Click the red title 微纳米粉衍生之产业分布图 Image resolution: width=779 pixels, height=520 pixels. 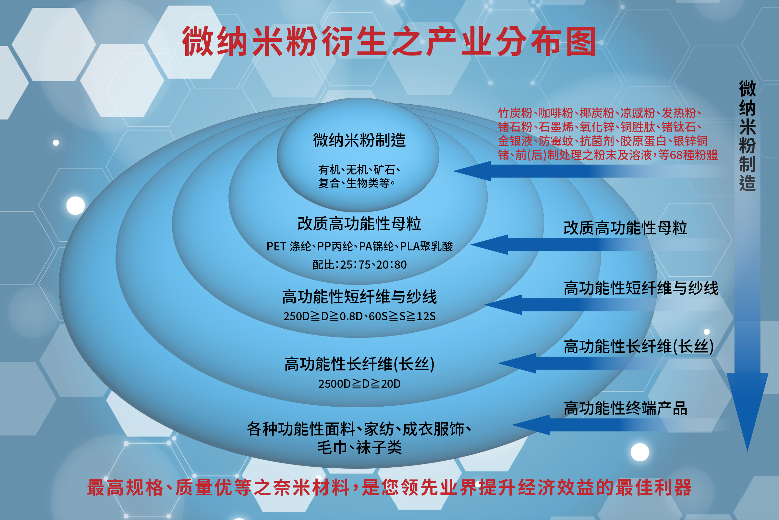coord(389,42)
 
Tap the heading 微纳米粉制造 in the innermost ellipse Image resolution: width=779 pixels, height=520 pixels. coord(359,140)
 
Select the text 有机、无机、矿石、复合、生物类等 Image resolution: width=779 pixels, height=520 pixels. coord(359,176)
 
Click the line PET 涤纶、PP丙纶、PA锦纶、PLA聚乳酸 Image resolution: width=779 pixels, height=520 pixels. coord(359,247)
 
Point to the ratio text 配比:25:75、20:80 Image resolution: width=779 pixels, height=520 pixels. coord(359,265)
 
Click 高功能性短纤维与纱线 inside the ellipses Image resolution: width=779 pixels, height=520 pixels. coord(359,297)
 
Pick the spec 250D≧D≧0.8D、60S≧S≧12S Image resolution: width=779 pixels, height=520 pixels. coord(359,316)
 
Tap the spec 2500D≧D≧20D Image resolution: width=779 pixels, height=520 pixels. coord(359,384)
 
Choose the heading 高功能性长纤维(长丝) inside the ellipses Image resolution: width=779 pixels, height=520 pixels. coord(359,364)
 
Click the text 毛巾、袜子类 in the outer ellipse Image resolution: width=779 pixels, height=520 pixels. coord(359,448)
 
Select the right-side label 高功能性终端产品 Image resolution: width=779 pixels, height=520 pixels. coord(625,408)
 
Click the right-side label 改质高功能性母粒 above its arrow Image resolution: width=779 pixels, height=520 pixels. coord(625,228)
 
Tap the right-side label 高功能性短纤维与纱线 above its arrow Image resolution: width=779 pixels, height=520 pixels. coord(641,288)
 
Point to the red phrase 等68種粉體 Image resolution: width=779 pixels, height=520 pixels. coord(688,155)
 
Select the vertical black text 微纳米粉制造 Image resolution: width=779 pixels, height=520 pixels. coord(748,136)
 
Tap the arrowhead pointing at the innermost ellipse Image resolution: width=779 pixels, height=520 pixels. coord(472,171)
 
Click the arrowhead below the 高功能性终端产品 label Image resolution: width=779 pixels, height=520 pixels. coord(530,425)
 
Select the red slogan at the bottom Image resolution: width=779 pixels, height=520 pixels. coord(389,488)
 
